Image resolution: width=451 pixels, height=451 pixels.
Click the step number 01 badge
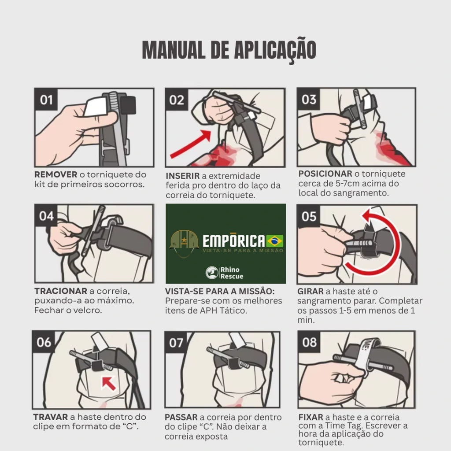coord(46,100)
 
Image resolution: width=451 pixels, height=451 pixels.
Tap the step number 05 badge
coord(309,216)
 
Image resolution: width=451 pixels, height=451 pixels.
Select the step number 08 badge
coord(309,342)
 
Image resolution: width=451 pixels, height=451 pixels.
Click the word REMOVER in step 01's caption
coord(56,174)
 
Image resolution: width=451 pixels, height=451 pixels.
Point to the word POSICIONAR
coord(325,174)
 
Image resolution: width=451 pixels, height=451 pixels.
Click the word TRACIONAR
coord(61,291)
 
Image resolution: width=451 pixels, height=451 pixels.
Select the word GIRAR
coord(311,292)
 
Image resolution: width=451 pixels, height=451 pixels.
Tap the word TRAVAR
coord(50,417)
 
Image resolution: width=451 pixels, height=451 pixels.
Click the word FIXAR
coord(311,417)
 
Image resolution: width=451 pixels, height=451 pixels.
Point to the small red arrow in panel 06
coord(109,384)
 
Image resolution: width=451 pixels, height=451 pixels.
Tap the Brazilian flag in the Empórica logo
coord(275,241)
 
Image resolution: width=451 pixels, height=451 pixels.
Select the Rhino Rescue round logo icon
coord(212,272)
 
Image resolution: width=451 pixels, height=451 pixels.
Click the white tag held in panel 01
coord(96,107)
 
